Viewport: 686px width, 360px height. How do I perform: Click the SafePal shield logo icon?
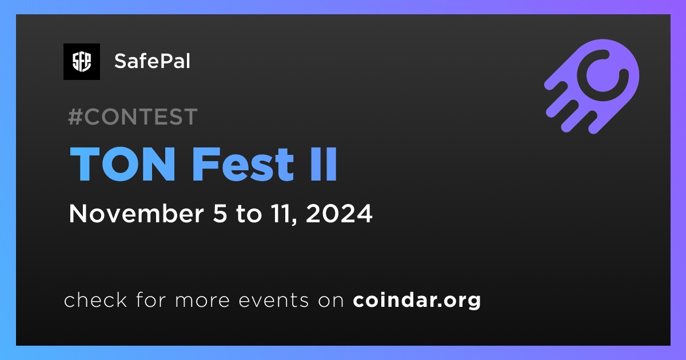click(x=82, y=62)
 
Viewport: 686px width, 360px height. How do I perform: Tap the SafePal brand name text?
click(x=152, y=61)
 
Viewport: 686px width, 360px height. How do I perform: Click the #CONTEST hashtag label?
click(x=133, y=117)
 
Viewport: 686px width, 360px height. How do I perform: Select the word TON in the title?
click(x=122, y=164)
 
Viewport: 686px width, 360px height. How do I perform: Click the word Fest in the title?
click(x=243, y=164)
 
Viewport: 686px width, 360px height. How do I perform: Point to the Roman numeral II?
click(x=324, y=164)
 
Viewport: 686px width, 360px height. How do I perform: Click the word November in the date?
click(x=137, y=213)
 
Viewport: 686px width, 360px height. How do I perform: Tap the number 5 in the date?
click(x=220, y=213)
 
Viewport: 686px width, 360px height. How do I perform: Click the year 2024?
click(x=339, y=213)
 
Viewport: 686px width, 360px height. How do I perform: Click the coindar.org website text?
click(x=417, y=301)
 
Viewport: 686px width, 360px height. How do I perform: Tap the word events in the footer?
click(x=274, y=301)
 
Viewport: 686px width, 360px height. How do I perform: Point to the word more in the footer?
click(x=202, y=301)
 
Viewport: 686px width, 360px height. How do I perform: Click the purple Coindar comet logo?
click(x=592, y=86)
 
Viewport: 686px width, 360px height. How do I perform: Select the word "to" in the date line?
click(x=249, y=214)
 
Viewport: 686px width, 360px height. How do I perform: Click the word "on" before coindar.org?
click(x=331, y=301)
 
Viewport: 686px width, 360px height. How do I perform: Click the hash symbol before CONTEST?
click(x=75, y=117)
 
